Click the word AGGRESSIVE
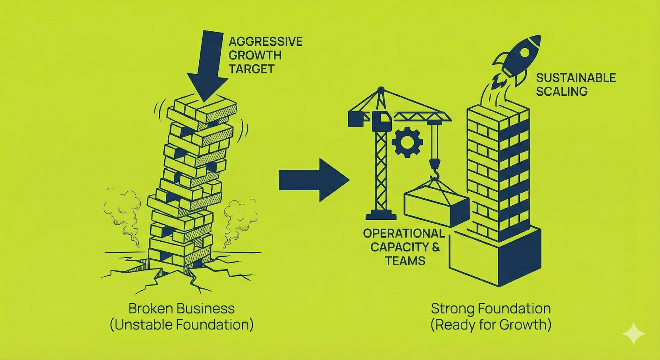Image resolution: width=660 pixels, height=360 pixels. click(266, 42)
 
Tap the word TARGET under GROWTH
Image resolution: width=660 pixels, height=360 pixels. click(251, 69)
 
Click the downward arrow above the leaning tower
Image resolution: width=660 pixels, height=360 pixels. click(207, 66)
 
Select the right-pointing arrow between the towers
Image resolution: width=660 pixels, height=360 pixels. click(313, 180)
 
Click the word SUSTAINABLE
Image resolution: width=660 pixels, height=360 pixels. click(576, 78)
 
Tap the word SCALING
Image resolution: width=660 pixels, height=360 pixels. click(561, 92)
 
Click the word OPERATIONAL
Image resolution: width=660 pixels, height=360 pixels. click(404, 233)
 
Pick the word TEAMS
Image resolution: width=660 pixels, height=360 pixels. click(405, 261)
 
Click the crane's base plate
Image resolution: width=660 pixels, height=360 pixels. click(381, 215)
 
